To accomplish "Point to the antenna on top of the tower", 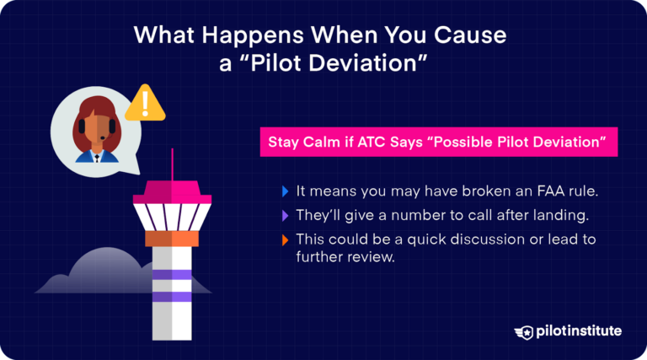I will click(x=173, y=164).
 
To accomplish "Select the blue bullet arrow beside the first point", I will click(x=285, y=190).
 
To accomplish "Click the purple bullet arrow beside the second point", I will click(x=285, y=214).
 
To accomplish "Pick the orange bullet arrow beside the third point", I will click(x=285, y=239).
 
